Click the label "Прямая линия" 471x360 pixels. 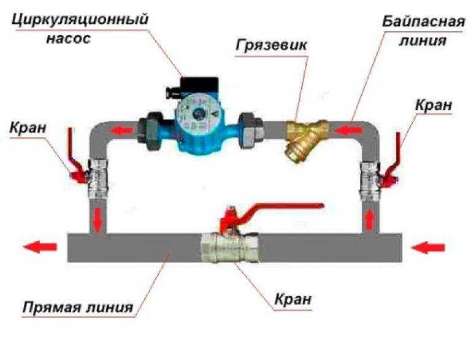pyautogui.click(x=77, y=306)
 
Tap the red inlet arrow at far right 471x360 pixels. pyautogui.click(x=427, y=247)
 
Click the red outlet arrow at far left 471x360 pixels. pyautogui.click(x=40, y=247)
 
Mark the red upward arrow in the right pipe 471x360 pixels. pyautogui.click(x=370, y=219)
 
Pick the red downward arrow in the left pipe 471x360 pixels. pyautogui.click(x=98, y=217)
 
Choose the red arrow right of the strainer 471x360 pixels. pyautogui.click(x=348, y=130)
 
